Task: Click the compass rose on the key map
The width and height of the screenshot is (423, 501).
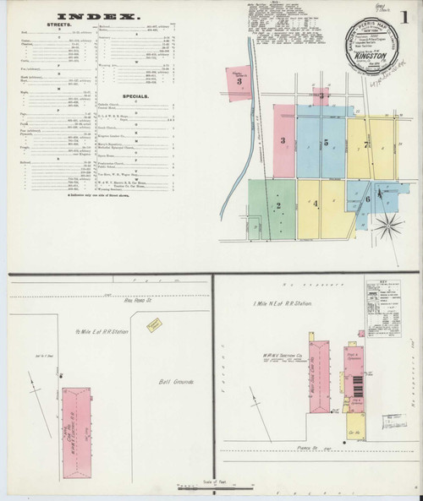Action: point(390,223)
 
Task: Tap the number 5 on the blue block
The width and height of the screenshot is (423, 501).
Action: point(325,143)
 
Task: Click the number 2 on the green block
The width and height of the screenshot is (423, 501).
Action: point(277,205)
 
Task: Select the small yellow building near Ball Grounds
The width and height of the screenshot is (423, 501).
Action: point(153,325)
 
